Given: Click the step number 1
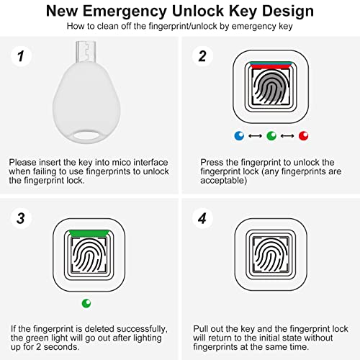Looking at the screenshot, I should coord(21,55).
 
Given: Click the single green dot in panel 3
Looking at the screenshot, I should coord(86,303).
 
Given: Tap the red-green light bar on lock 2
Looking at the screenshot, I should coord(271,63).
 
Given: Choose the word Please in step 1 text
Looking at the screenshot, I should coord(24,163).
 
